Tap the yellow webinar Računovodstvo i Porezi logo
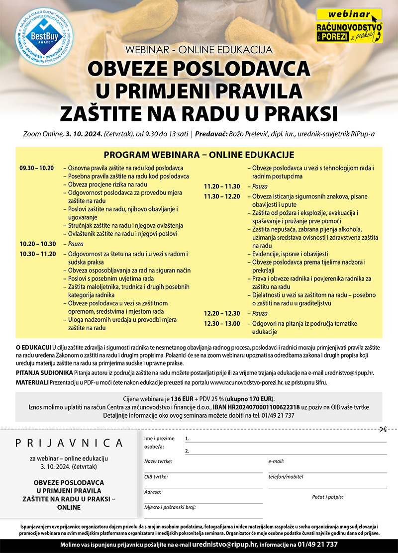(x=349, y=25)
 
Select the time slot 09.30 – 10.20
(x=36, y=168)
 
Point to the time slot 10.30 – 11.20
(x=36, y=254)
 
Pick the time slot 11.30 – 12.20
(x=222, y=196)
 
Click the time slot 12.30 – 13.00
(x=222, y=323)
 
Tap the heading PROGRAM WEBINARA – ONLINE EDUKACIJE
(x=199, y=155)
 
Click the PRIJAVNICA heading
(x=69, y=443)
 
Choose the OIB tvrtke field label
(x=156, y=476)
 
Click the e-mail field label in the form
(x=276, y=461)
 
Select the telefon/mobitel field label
(x=286, y=476)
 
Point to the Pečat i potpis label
(x=327, y=496)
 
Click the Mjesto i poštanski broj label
(x=170, y=507)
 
